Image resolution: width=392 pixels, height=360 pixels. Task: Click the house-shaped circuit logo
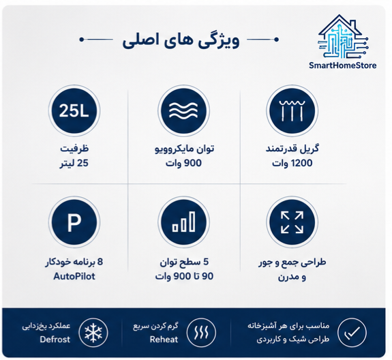(343, 37)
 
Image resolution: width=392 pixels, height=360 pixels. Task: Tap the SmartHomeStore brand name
(342, 65)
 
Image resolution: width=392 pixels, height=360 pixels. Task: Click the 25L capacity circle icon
(74, 110)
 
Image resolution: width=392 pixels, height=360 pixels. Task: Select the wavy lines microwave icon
(184, 110)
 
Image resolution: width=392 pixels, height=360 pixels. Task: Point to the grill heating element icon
(292, 110)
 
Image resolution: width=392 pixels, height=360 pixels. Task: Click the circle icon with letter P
(74, 222)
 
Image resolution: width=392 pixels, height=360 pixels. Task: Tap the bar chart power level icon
(184, 222)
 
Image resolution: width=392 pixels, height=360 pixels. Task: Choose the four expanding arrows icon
(292, 222)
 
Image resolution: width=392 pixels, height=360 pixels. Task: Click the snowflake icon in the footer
(93, 333)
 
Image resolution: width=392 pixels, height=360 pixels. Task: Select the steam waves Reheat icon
(201, 333)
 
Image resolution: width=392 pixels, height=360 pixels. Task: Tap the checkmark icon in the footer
(352, 333)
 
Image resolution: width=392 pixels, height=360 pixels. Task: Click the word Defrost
(55, 340)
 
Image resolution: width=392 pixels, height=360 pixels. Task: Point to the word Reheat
(164, 340)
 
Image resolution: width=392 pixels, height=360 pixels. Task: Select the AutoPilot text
(74, 277)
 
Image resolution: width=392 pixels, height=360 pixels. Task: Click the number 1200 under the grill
(302, 163)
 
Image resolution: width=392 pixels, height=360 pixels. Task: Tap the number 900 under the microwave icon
(193, 163)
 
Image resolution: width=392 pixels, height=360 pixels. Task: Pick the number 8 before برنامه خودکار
(100, 262)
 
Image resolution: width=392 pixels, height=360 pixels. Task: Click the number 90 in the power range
(207, 277)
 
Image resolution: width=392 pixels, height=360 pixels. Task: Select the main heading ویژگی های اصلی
(181, 40)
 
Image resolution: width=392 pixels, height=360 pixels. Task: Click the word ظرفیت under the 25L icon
(74, 149)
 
